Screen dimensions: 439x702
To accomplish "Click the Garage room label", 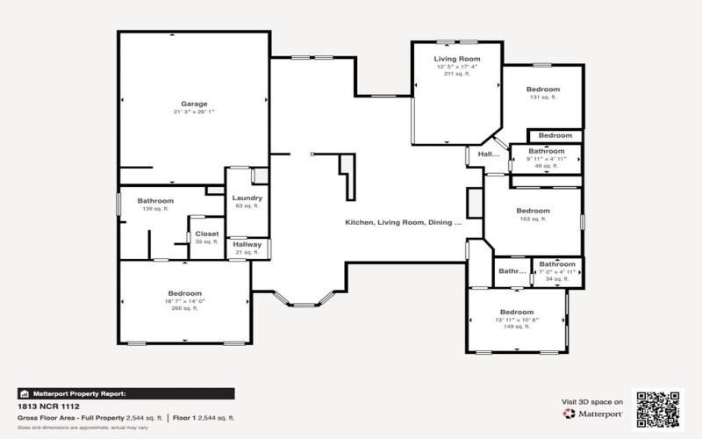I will tap(194, 104).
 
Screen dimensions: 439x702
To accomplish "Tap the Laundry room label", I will tap(247, 198).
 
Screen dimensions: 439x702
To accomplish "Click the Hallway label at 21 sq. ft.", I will tap(247, 245).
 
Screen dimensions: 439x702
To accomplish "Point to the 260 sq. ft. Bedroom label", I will tap(184, 293).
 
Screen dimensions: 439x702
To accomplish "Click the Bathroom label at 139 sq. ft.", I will tap(154, 201).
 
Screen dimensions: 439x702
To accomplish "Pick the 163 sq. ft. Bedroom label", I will tap(533, 211).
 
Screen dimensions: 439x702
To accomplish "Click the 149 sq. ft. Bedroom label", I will tap(517, 313).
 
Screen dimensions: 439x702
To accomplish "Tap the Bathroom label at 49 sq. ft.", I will tap(546, 151).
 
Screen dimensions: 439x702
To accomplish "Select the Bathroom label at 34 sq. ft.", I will tap(556, 264).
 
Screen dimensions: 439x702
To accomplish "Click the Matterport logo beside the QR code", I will tap(593, 412).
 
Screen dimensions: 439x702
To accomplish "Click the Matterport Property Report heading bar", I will tap(125, 394).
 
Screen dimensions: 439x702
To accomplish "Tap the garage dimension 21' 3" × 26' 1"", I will tap(194, 112).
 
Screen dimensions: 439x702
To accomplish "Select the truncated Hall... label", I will tap(488, 155).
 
